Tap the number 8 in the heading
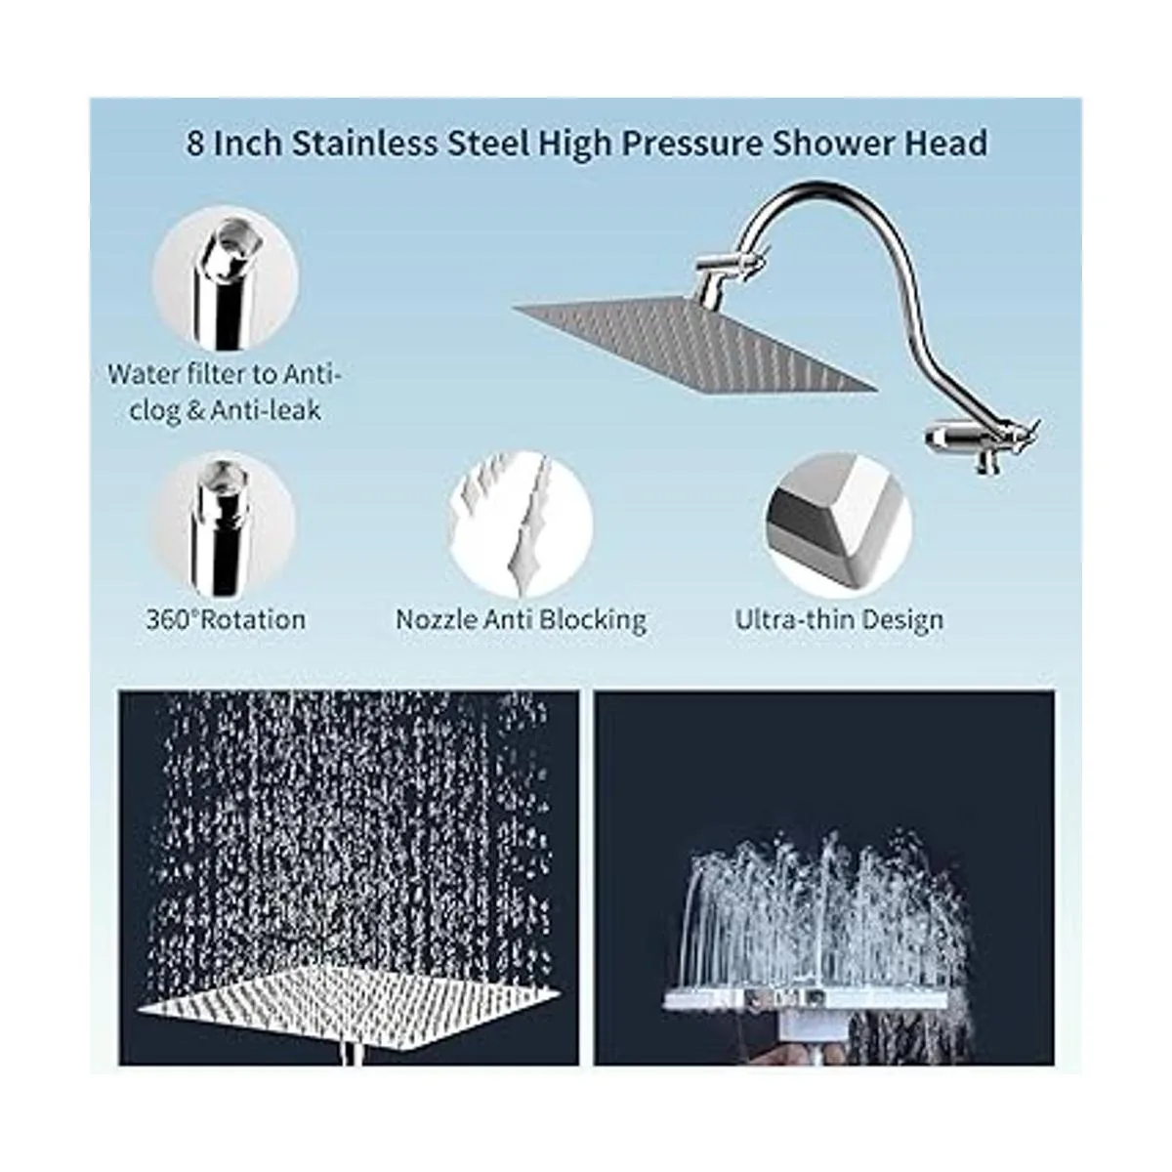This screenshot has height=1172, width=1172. click(195, 145)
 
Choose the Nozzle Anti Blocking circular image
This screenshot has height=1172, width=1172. click(521, 524)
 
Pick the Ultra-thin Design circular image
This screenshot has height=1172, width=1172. click(839, 524)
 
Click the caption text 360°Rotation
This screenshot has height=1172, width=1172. click(226, 620)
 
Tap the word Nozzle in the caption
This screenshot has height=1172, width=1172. click(437, 620)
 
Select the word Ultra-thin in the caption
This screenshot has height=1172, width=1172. click(793, 620)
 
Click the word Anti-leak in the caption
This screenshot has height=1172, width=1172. click(266, 410)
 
